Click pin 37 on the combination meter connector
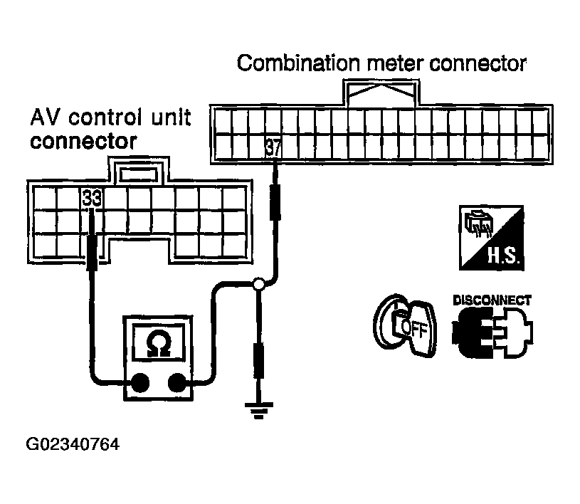click(273, 148)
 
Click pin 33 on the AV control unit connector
click(92, 198)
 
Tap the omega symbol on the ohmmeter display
click(158, 342)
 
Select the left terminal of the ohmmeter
click(139, 382)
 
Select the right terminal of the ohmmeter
click(176, 382)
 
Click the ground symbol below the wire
click(258, 410)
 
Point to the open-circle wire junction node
click(258, 284)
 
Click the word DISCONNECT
click(492, 300)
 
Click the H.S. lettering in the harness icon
click(504, 256)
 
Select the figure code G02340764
click(73, 444)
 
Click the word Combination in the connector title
click(298, 63)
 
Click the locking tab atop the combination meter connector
click(381, 93)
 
